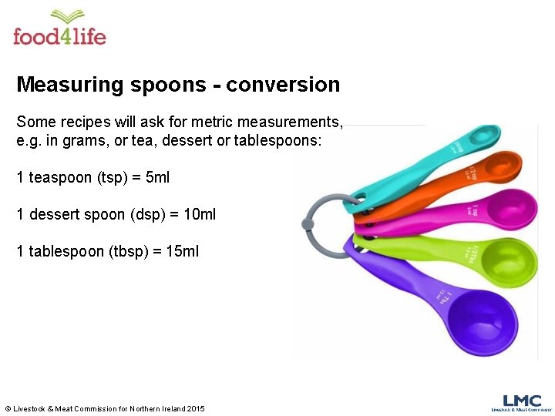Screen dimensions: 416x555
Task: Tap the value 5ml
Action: (157, 177)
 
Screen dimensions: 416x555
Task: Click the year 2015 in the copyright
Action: (196, 408)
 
